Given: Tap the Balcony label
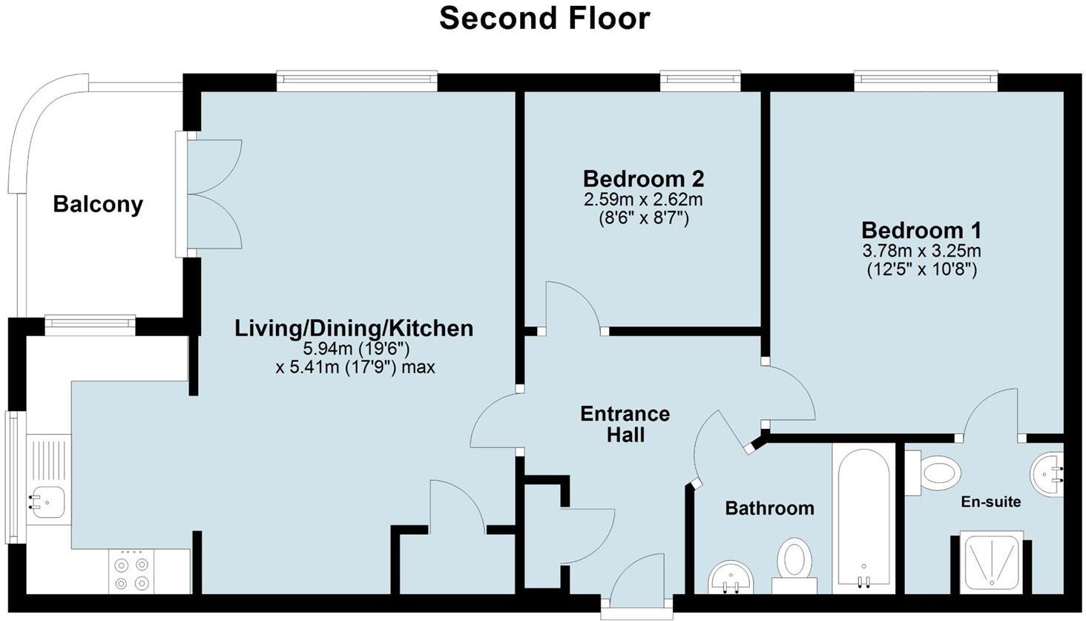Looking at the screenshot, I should [98, 204].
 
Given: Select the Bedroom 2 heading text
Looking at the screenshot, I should [643, 179].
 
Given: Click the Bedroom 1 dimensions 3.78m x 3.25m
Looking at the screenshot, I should [921, 251].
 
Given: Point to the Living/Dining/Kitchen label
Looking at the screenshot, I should [354, 328].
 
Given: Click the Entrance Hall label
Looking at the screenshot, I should [625, 424].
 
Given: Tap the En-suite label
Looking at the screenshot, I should [990, 502].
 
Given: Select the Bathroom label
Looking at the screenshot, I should [769, 508].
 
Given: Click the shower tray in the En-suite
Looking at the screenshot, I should [991, 562].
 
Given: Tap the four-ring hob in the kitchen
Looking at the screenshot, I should [131, 572].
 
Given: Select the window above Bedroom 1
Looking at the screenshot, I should [924, 79].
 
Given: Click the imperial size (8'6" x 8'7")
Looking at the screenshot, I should [643, 219].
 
